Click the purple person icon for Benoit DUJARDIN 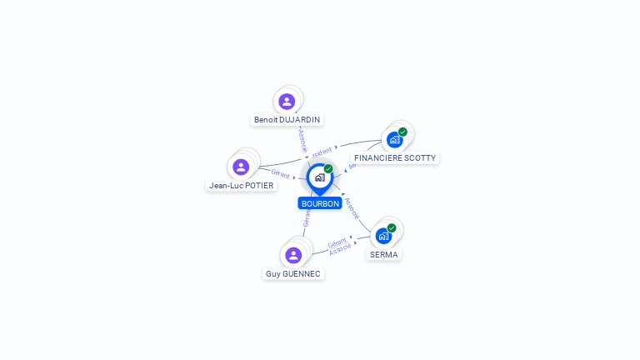point(287,102)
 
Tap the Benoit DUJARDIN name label point(287,119)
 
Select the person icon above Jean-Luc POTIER point(241,167)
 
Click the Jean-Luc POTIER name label point(241,185)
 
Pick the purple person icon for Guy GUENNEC point(292,255)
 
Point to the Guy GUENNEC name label point(293,273)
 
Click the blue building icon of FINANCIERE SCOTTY point(394,139)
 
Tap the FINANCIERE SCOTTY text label point(394,157)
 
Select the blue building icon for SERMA point(383,236)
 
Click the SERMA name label point(384,254)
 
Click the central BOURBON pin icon point(319,177)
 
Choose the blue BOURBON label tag point(320,203)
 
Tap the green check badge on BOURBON point(328,168)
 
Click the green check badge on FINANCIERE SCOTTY point(402,132)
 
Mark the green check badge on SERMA point(392,227)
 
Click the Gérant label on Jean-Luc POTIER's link point(280,173)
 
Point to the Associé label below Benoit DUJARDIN point(303,139)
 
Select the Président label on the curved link point(322,152)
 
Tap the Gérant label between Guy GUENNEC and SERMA point(337,242)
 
